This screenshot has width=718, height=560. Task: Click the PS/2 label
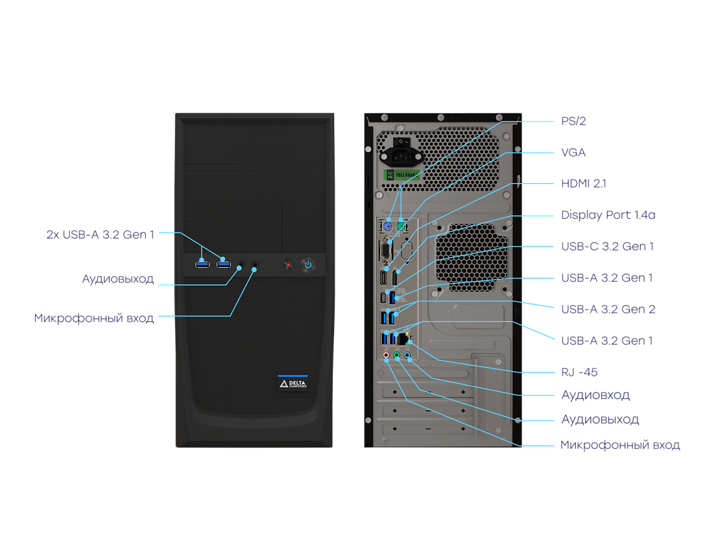pyautogui.click(x=573, y=121)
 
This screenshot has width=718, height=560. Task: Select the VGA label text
pyautogui.click(x=573, y=152)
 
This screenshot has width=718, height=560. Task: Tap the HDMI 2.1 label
pyautogui.click(x=583, y=184)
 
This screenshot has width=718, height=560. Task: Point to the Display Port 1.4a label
pyautogui.click(x=608, y=215)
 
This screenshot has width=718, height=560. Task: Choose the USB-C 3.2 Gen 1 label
pyautogui.click(x=607, y=246)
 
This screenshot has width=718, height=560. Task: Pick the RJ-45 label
pyautogui.click(x=579, y=372)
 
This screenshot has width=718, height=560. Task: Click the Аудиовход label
pyautogui.click(x=595, y=395)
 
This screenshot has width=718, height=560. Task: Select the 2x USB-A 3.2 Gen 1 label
pyautogui.click(x=100, y=235)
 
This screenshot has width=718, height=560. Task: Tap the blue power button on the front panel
pyautogui.click(x=308, y=264)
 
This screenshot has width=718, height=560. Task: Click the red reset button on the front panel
pyautogui.click(x=288, y=265)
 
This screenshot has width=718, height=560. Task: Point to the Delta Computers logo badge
pyautogui.click(x=293, y=383)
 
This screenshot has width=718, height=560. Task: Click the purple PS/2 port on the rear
pyautogui.click(x=388, y=227)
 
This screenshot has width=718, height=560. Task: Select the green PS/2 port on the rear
pyautogui.click(x=400, y=227)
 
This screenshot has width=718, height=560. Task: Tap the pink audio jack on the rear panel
pyautogui.click(x=386, y=356)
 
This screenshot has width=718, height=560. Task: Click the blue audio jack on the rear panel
pyautogui.click(x=408, y=356)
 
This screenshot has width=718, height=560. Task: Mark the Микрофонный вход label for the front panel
pyautogui.click(x=94, y=318)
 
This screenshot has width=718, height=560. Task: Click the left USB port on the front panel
pyautogui.click(x=202, y=264)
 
